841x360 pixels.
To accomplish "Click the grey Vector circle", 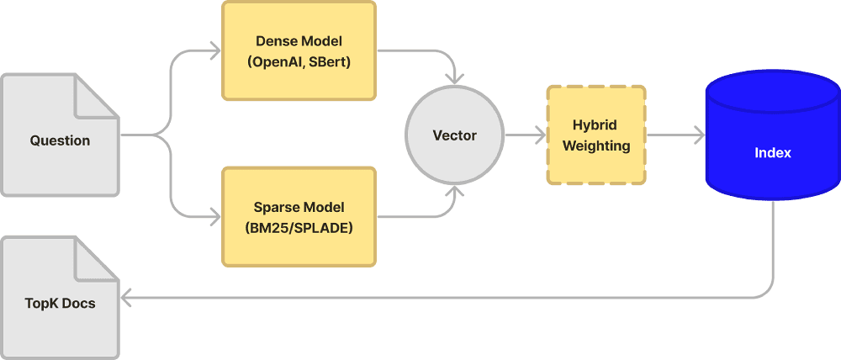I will [x=454, y=135].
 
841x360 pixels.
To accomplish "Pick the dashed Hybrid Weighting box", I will [x=596, y=135].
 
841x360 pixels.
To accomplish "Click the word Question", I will [x=60, y=140].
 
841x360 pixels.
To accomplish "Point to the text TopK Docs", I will [x=60, y=303].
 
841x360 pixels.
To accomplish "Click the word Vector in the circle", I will [x=454, y=135].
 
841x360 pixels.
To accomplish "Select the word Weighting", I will [x=596, y=146].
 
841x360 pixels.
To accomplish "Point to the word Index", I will [x=772, y=153].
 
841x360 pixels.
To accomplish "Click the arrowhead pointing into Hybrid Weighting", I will [x=537, y=135].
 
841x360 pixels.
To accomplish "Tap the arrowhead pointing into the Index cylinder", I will [x=699, y=135].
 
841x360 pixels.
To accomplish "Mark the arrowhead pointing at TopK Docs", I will [x=126, y=297].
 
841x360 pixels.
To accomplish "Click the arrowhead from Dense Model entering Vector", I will [x=455, y=79].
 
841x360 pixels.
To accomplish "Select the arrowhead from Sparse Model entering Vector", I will [x=455, y=191].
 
